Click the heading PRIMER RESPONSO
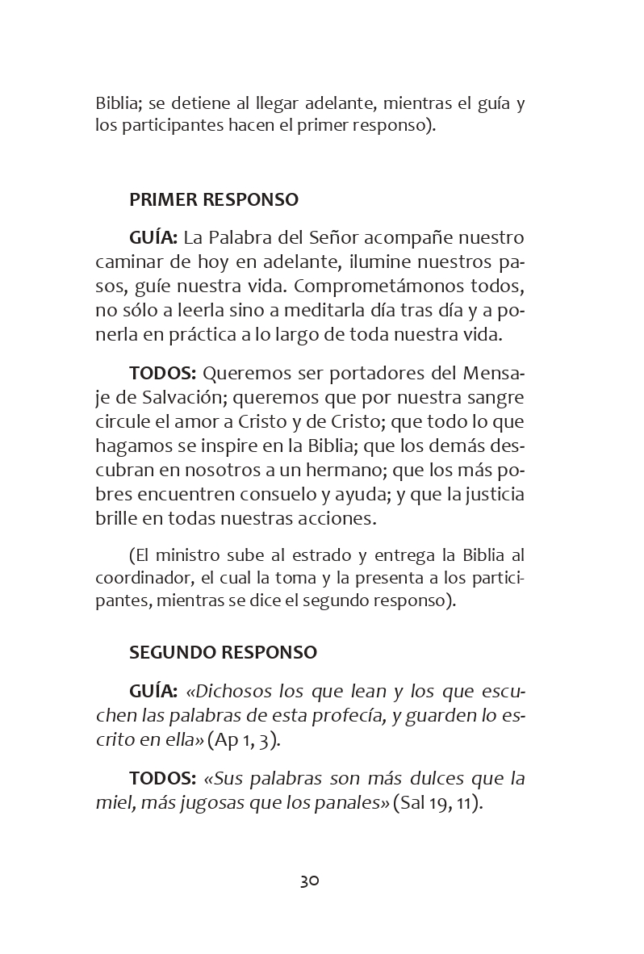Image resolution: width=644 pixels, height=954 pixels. point(214,199)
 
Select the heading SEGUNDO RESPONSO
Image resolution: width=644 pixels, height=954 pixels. point(223,652)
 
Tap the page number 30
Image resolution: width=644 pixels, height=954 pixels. point(310,881)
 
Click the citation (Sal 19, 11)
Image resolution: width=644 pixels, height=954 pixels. point(437,803)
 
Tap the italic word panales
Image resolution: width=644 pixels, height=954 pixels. point(353,803)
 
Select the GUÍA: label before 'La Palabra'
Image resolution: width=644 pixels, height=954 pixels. point(153,238)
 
